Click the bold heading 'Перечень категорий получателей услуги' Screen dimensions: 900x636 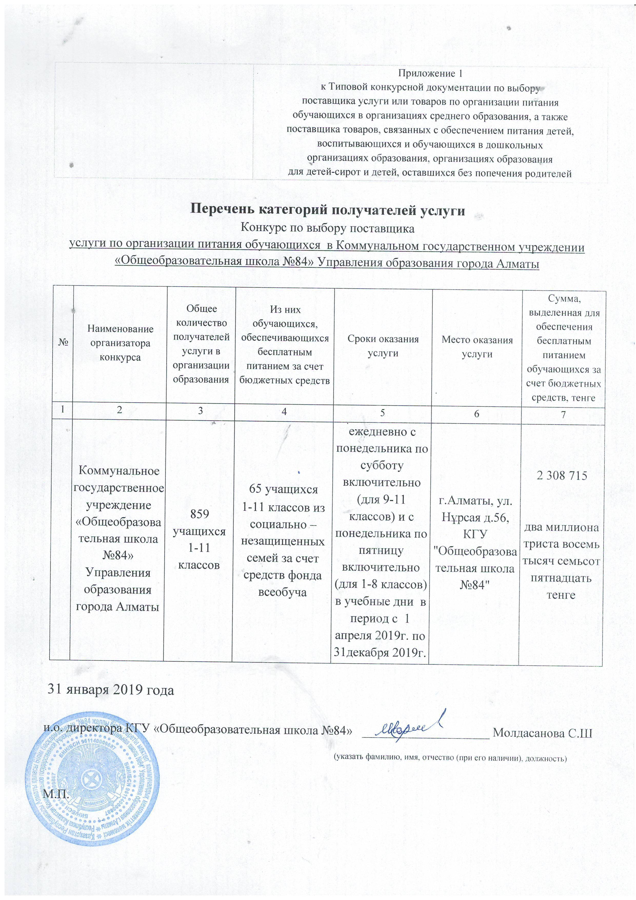coord(327,210)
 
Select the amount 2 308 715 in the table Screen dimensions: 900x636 coord(563,476)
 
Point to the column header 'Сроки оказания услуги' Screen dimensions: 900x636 coord(383,346)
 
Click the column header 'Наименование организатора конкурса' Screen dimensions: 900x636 coord(120,343)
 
